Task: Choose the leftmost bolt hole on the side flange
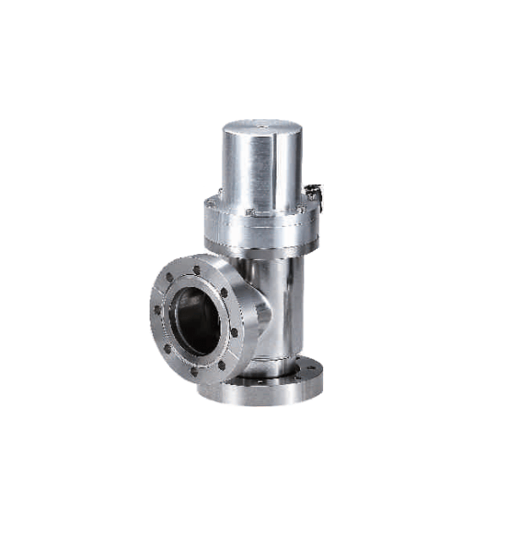click(x=157, y=310)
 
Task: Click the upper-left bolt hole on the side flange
click(x=171, y=279)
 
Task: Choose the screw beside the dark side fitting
click(x=300, y=209)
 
